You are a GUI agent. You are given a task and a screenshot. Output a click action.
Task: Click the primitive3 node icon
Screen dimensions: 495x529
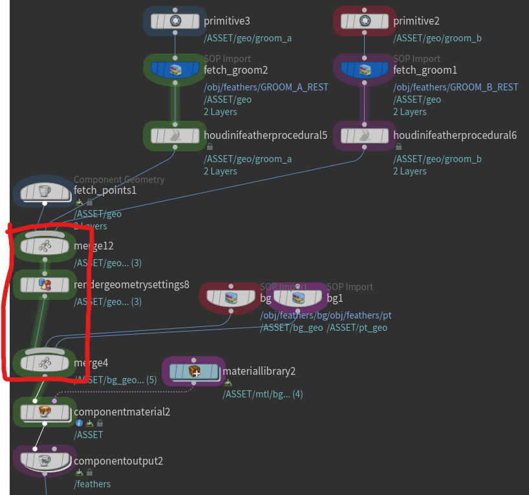click(175, 21)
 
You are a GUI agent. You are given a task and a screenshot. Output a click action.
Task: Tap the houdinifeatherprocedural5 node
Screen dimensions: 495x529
click(175, 135)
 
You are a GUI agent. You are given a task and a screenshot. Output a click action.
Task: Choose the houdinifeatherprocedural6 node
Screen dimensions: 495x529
click(365, 135)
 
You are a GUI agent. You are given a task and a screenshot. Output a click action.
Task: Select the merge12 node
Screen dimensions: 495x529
click(45, 246)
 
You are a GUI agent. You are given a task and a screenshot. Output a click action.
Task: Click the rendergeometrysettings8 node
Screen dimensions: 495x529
click(45, 284)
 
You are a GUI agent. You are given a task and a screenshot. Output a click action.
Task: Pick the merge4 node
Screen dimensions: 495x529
click(45, 363)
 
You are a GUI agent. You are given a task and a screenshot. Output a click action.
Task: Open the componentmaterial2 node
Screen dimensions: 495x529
click(45, 412)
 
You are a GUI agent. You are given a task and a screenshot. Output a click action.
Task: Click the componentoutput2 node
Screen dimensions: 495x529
click(45, 461)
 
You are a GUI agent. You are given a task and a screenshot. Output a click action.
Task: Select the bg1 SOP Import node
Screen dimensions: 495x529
click(297, 298)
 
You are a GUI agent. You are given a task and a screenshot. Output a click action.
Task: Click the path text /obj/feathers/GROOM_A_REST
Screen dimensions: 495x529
click(266, 87)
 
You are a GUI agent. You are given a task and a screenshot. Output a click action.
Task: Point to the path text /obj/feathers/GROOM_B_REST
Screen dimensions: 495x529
click(456, 87)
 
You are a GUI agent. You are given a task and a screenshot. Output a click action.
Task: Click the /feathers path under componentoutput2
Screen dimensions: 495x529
click(92, 484)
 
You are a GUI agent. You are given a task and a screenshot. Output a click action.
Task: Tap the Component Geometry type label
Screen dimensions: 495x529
click(119, 180)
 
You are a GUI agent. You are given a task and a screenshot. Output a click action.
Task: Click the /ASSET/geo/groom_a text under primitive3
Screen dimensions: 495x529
click(248, 38)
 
